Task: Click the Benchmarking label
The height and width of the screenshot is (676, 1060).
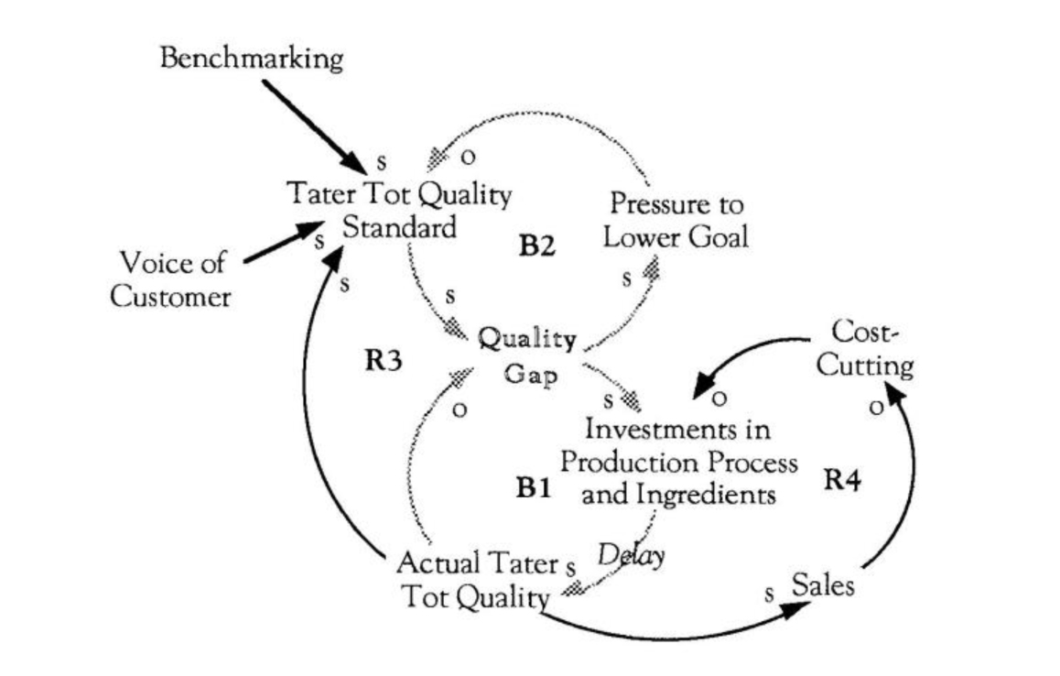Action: coord(252,59)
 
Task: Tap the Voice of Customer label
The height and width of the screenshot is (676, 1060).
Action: coord(171,279)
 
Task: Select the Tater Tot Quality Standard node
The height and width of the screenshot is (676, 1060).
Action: coord(399,210)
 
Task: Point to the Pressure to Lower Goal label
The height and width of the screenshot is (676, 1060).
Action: coord(676,220)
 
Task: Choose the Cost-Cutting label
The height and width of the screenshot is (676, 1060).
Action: coord(865,348)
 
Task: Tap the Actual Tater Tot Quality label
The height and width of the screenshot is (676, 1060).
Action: coord(478,579)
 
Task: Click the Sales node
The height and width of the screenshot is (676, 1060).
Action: coord(823,584)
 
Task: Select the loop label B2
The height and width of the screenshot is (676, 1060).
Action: coord(537,246)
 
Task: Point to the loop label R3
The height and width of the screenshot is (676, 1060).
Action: coord(384,360)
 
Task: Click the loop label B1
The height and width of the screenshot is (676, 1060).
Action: coord(532,488)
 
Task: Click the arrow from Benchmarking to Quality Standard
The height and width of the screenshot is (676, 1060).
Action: coord(311,124)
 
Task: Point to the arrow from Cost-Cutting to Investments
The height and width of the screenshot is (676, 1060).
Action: coord(751,353)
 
